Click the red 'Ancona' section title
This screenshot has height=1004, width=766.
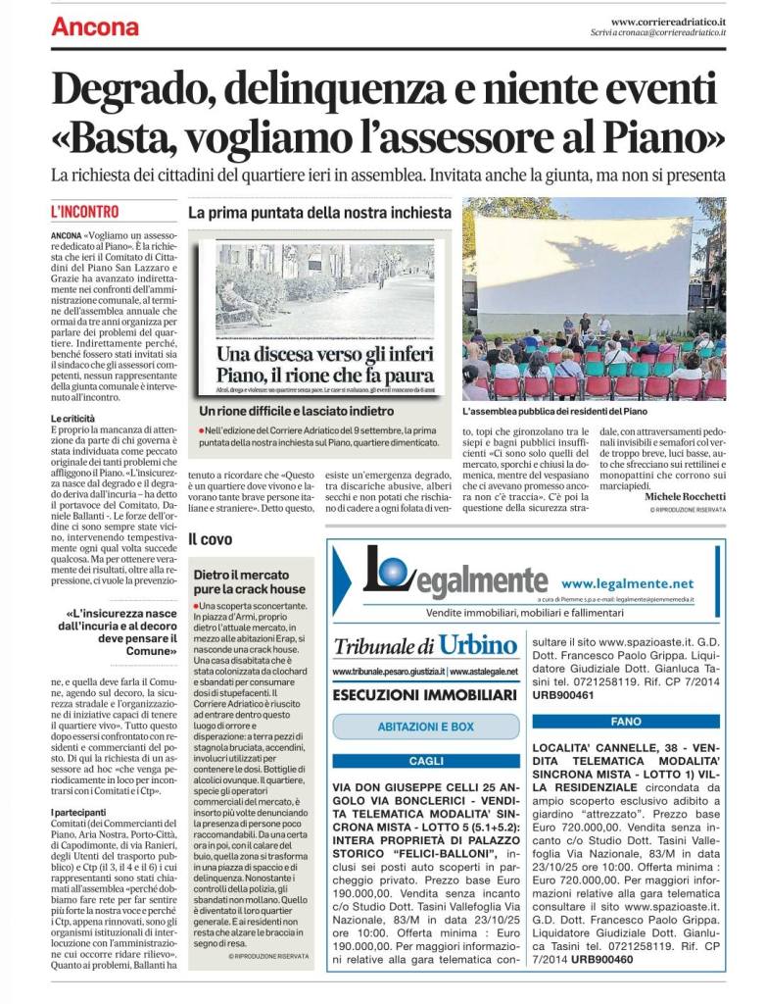point(95,25)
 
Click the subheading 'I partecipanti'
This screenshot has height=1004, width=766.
point(79,813)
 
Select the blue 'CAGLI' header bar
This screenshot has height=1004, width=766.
point(425,761)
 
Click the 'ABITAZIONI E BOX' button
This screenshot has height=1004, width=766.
point(425,727)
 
